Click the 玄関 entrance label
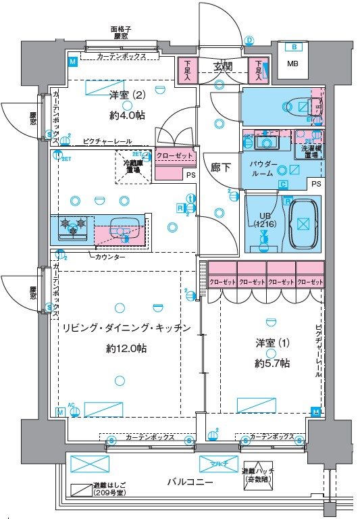click(x=223, y=66)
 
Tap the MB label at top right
click(x=292, y=64)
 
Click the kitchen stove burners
click(x=72, y=227)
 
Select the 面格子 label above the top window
click(x=121, y=30)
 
